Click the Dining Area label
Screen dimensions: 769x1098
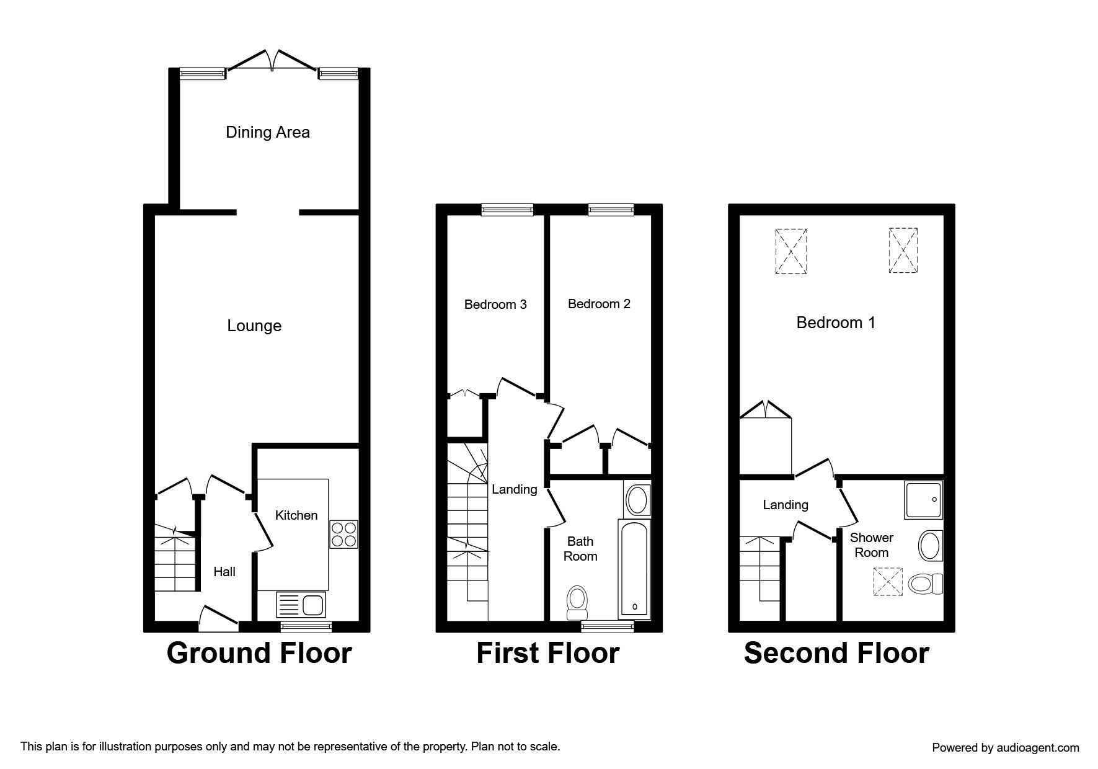click(x=267, y=132)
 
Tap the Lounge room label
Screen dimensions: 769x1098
click(x=254, y=326)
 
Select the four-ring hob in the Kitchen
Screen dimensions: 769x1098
click(x=344, y=534)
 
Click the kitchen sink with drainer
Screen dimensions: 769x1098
click(x=300, y=605)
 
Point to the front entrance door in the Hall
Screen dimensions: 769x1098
click(x=218, y=616)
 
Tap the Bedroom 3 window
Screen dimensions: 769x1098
click(x=507, y=211)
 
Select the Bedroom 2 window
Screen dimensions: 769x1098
click(x=611, y=211)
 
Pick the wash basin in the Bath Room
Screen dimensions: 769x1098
click(x=637, y=500)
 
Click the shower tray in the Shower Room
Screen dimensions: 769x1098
click(x=923, y=500)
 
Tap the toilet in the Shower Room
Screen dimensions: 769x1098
click(x=925, y=584)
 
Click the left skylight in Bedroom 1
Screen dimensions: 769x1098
click(x=791, y=251)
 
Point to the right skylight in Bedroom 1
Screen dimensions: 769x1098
click(x=903, y=251)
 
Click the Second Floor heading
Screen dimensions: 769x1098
click(x=836, y=653)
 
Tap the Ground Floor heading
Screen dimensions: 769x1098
click(x=259, y=653)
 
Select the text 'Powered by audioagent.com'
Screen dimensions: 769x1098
click(x=1005, y=747)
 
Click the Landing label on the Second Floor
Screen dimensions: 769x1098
click(x=785, y=505)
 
